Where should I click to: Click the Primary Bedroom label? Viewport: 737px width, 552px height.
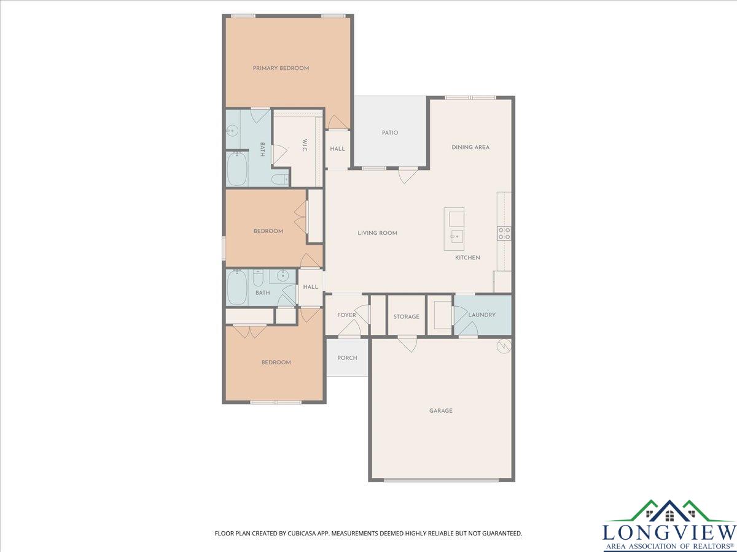[x=281, y=68]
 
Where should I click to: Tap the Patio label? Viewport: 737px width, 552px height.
[x=390, y=132]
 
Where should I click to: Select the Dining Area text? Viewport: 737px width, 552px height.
[x=470, y=147]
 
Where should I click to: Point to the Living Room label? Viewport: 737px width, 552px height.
[x=377, y=233]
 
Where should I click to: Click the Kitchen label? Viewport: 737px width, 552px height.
[x=467, y=258]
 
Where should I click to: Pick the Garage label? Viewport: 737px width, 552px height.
[x=441, y=410]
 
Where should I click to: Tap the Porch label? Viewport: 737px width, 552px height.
[x=347, y=358]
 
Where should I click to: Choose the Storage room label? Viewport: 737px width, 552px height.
[x=407, y=316]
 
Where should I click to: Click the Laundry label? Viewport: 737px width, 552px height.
[x=482, y=315]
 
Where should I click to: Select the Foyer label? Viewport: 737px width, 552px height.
[x=346, y=315]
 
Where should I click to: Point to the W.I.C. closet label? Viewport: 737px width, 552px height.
[x=305, y=145]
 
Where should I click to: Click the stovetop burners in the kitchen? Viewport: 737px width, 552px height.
[x=504, y=234]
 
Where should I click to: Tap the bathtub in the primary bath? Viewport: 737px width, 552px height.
[x=237, y=169]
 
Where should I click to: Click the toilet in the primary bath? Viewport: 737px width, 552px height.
[x=279, y=180]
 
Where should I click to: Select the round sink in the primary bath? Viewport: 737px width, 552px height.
[x=232, y=129]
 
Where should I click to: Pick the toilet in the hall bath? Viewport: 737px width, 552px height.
[x=258, y=278]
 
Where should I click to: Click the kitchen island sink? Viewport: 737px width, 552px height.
[x=456, y=236]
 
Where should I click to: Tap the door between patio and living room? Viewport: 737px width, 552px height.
[x=408, y=175]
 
